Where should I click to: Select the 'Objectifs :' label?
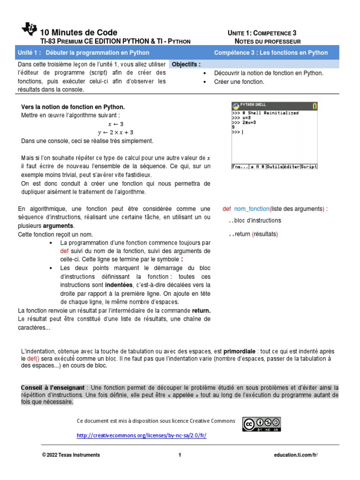pos(186,64)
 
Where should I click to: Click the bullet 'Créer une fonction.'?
pos(239,82)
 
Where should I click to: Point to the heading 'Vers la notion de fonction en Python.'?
pos(73,107)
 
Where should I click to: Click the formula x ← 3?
pos(115,124)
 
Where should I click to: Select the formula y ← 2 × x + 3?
pos(115,133)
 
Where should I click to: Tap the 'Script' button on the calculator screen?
pos(309,166)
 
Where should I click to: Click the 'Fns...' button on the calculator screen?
pos(240,166)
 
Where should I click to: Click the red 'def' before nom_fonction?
pos(227,209)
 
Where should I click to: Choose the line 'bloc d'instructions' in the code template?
pos(257,220)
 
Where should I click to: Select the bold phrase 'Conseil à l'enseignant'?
pos(53,388)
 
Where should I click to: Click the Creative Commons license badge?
pos(261,423)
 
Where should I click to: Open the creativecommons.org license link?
pos(142,435)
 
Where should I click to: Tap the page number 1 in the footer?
pos(180,455)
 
